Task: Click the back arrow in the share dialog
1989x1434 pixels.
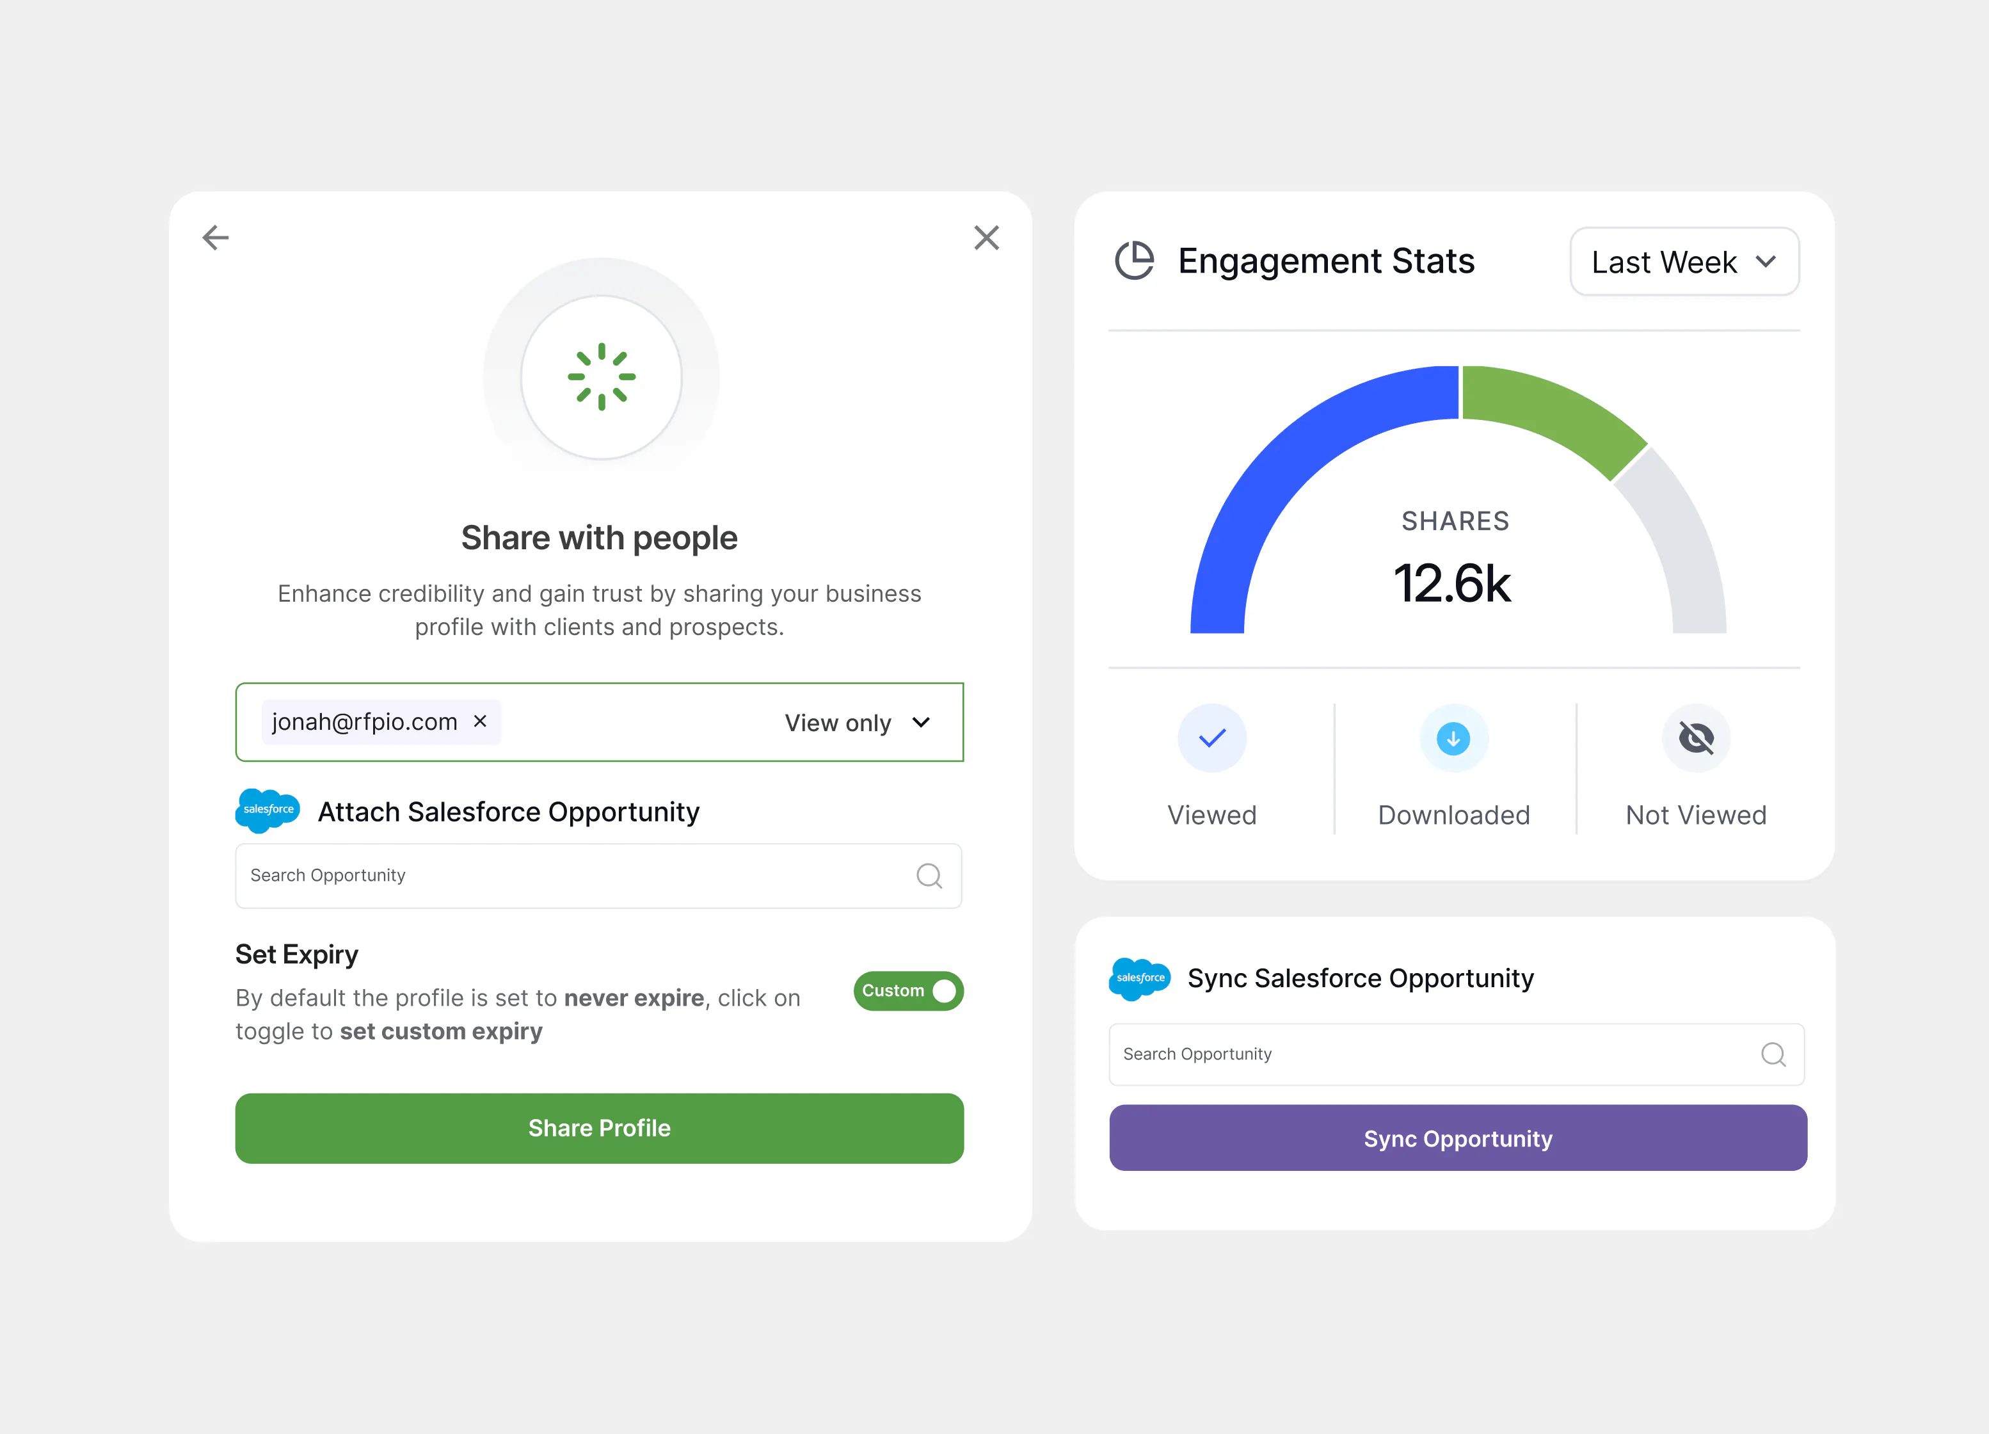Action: pos(216,238)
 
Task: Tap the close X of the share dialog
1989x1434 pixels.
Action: pos(987,238)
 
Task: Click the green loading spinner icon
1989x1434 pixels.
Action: pos(602,377)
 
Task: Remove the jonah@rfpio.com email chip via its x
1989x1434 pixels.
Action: pos(480,721)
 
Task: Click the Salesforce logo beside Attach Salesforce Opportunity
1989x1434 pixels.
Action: pos(268,810)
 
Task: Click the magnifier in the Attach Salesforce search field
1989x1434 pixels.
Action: pos(929,875)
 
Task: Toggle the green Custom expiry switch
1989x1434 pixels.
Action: pos(909,991)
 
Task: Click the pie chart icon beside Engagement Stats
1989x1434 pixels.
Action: pos(1135,261)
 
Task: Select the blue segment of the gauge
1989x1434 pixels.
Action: pos(1272,474)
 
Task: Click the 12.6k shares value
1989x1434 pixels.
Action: pos(1452,584)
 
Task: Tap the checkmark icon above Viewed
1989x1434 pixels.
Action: pos(1212,739)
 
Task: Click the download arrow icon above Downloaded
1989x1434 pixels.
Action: pos(1453,739)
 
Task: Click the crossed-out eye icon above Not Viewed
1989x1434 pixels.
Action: pos(1696,739)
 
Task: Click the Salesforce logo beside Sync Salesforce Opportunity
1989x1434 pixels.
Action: pos(1140,979)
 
